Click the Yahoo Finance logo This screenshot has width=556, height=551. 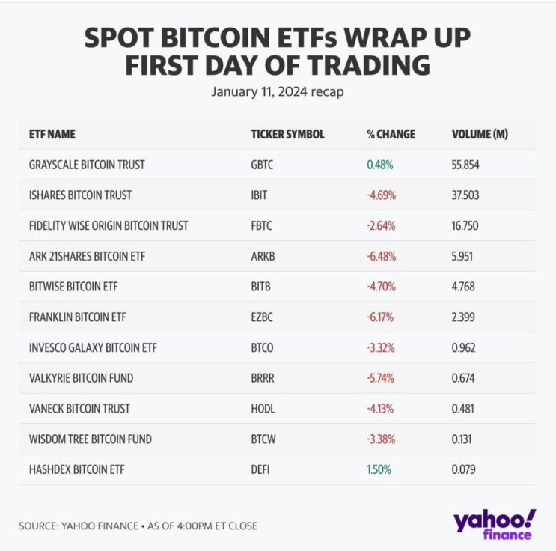click(x=494, y=523)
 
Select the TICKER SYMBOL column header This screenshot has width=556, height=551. click(x=287, y=135)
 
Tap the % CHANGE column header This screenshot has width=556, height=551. click(x=391, y=135)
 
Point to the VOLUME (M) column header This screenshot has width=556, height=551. click(x=480, y=135)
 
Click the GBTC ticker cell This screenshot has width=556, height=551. click(x=262, y=165)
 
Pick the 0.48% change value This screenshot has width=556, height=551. click(x=380, y=165)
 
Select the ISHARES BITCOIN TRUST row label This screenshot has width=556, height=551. click(x=80, y=195)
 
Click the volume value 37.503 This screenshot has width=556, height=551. click(x=465, y=195)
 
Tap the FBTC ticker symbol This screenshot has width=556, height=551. click(x=261, y=225)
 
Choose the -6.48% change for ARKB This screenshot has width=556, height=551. click(x=381, y=256)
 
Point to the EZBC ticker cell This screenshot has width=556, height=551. click(x=261, y=317)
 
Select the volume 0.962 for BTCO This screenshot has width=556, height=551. click(x=463, y=348)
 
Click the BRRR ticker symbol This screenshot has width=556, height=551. click(x=262, y=378)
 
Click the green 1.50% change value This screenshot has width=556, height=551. click(x=379, y=469)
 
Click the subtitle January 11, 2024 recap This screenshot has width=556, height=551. click(x=278, y=93)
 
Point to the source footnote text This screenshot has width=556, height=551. click(x=138, y=526)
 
